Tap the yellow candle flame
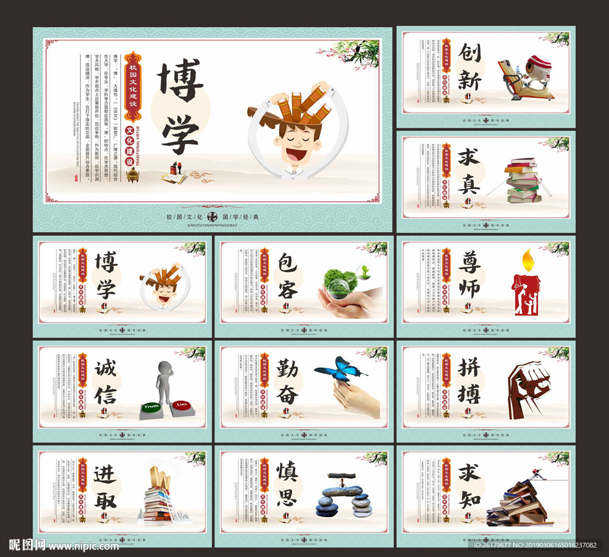click(526, 259)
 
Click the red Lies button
click(181, 405)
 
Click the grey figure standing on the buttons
click(165, 381)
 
